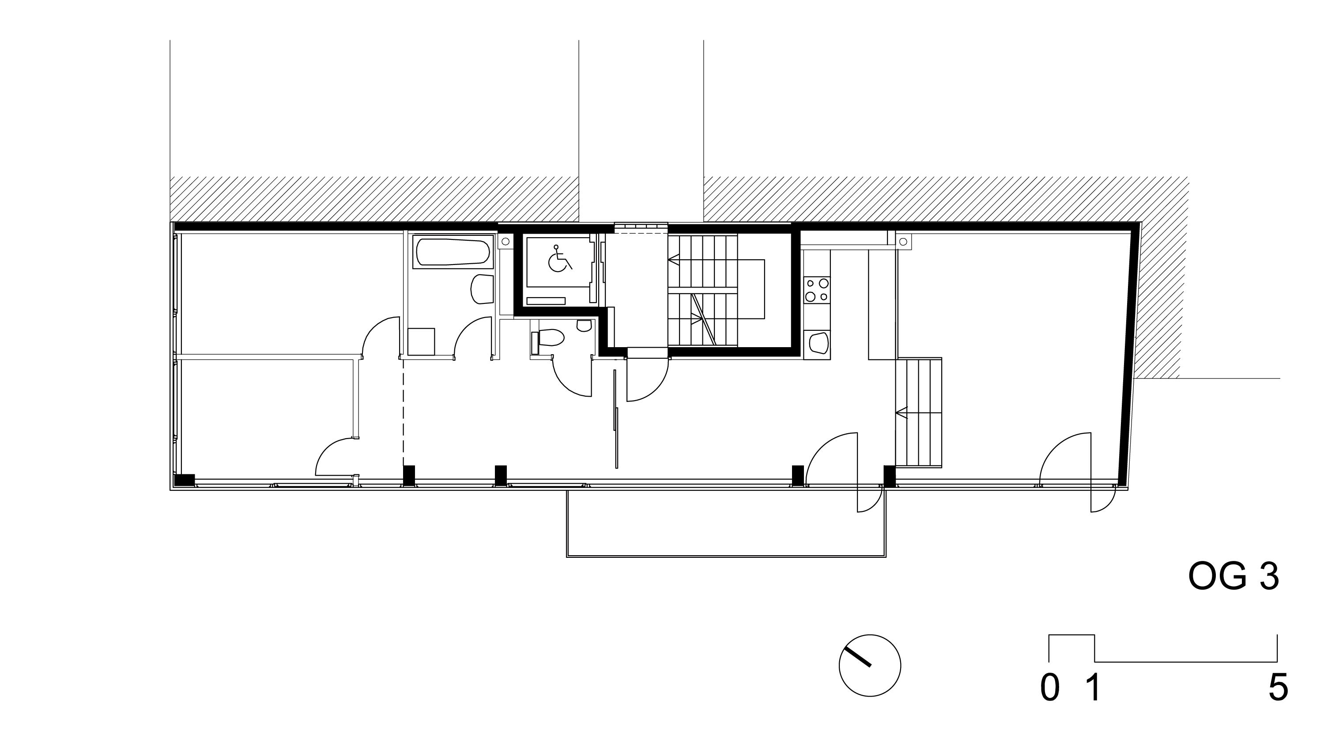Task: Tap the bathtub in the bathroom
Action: point(453,252)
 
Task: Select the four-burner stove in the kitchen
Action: point(817,289)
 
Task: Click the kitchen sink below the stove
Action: point(817,344)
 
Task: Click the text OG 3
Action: point(1233,577)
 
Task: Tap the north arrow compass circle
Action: point(870,666)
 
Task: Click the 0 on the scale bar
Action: point(1049,688)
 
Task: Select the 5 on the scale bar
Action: point(1278,688)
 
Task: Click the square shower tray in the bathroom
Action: point(422,341)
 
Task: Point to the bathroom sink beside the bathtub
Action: point(482,289)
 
